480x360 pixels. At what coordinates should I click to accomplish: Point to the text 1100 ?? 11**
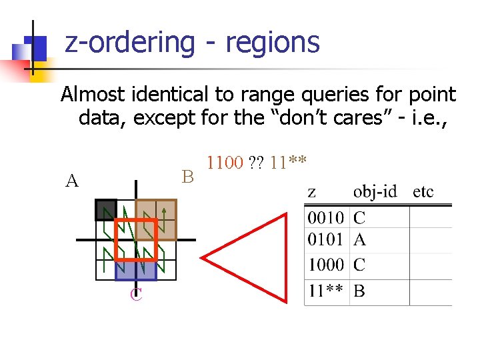coord(257,162)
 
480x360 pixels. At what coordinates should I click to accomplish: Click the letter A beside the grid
coord(72,180)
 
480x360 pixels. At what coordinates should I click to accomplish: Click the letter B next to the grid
coord(187,177)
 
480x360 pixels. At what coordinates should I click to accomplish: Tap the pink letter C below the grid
coord(136,295)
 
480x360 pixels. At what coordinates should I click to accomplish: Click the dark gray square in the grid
coord(105,210)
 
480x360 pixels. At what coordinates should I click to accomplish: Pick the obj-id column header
coord(375,192)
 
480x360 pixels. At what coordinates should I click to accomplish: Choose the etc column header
coord(423,192)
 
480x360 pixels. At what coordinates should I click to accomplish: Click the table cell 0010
coord(326,217)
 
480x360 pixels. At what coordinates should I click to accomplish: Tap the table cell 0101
coord(326,239)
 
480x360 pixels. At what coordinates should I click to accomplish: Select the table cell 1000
coord(326,265)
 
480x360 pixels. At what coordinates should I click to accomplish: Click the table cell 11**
coord(326,291)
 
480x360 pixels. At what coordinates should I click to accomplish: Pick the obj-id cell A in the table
coord(359,239)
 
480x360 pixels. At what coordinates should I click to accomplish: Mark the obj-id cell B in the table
coord(359,291)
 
